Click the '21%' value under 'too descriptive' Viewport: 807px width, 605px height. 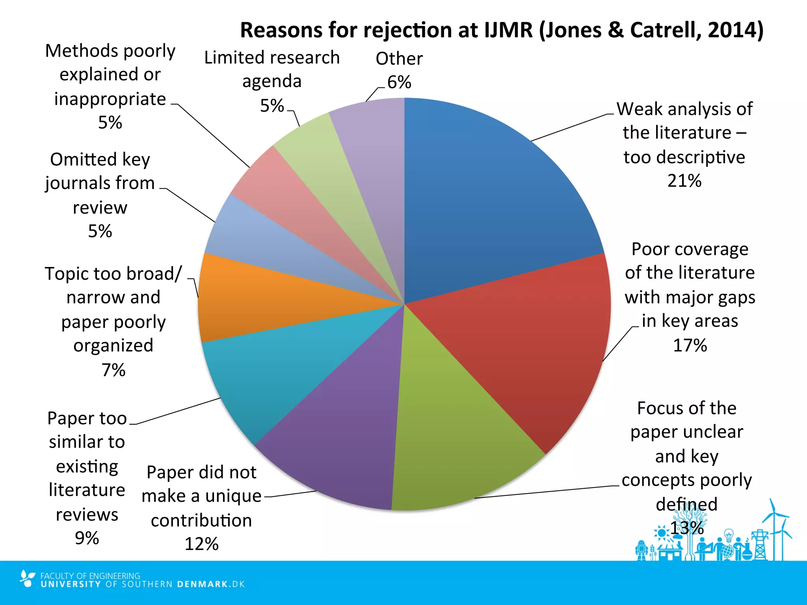click(684, 181)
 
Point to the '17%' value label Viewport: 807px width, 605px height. click(690, 345)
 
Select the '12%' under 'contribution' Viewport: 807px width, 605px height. click(201, 544)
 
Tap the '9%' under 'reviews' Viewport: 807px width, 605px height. click(87, 538)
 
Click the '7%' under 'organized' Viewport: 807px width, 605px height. click(113, 370)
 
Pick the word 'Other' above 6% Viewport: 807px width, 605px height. click(399, 59)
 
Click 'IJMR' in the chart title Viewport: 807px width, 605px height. click(508, 30)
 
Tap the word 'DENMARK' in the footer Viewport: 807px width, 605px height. click(202, 584)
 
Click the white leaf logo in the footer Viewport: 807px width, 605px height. click(27, 578)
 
